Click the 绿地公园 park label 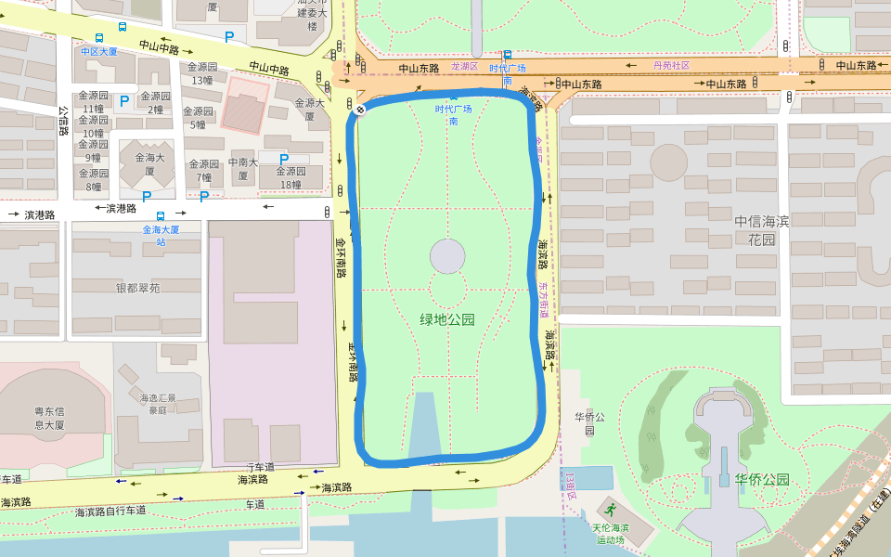447,319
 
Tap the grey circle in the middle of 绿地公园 447,256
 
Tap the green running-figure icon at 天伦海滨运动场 610,509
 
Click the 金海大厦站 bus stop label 161,235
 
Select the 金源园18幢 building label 291,177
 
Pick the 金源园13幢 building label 203,73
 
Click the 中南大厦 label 242,168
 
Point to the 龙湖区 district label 464,67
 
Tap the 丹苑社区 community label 672,66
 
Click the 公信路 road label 63,120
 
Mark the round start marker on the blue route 360,110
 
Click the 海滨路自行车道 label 110,511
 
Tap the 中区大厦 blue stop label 98,51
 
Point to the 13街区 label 570,480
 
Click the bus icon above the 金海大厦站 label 161,215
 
